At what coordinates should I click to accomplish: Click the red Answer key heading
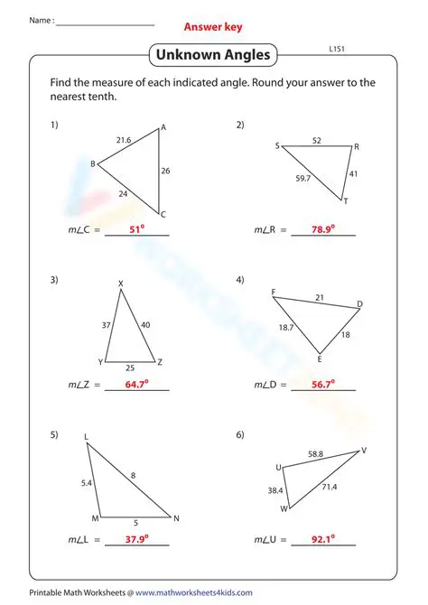(x=213, y=27)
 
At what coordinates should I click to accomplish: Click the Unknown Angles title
(x=213, y=56)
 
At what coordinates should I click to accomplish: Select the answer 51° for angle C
(x=137, y=230)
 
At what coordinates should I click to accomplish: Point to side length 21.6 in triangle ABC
(x=124, y=140)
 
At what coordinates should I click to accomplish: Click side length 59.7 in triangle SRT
(x=303, y=179)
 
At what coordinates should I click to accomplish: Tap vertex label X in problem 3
(x=121, y=284)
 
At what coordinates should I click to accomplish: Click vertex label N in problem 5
(x=177, y=518)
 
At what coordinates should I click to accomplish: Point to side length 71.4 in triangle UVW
(x=330, y=487)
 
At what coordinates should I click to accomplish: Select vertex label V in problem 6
(x=364, y=450)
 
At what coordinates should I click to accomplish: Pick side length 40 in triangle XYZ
(x=146, y=324)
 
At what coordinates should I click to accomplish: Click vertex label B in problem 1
(x=92, y=163)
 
